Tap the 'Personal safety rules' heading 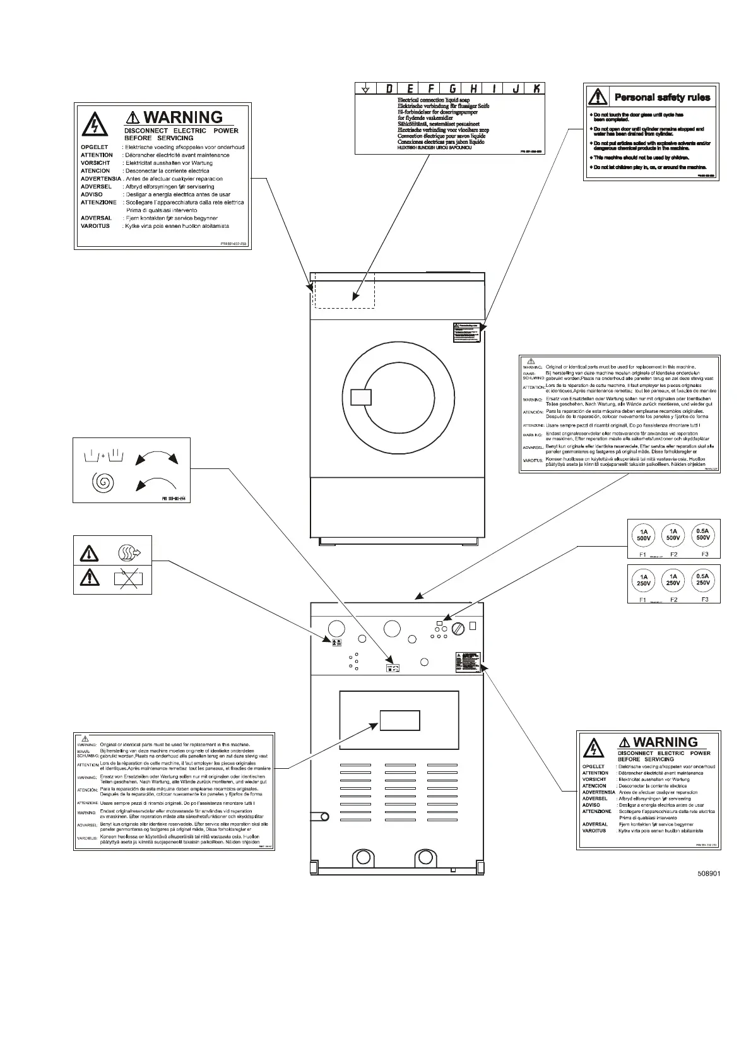point(662,97)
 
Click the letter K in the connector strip point(536,89)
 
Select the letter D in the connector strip point(389,89)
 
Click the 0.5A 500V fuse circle point(702,535)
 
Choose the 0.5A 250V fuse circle point(702,579)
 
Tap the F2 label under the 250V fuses point(674,599)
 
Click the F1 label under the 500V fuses point(642,554)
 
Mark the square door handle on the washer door point(360,396)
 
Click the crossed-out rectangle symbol point(128,578)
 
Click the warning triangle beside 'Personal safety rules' point(597,97)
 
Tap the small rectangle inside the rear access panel point(399,720)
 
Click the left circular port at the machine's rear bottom point(362,858)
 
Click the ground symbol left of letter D point(365,89)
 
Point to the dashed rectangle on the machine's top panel point(345,290)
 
